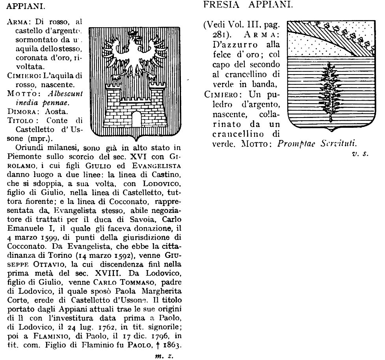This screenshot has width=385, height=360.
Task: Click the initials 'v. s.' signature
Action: [x=360, y=154]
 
